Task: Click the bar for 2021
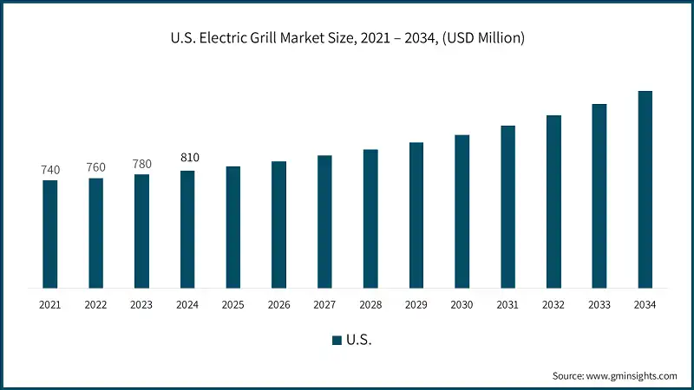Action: click(50, 234)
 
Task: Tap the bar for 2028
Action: click(370, 218)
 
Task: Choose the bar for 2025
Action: click(233, 227)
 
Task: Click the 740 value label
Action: click(50, 170)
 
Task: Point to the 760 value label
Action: click(96, 167)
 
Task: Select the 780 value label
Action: click(141, 164)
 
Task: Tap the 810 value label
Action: click(188, 158)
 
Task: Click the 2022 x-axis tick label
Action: click(96, 305)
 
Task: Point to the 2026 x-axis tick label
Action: click(279, 305)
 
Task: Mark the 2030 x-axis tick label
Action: click(462, 305)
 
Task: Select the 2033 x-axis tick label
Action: click(599, 305)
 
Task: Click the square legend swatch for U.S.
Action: click(337, 341)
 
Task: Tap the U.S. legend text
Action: click(359, 341)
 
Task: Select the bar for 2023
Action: click(141, 231)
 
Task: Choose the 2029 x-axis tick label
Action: click(416, 305)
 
